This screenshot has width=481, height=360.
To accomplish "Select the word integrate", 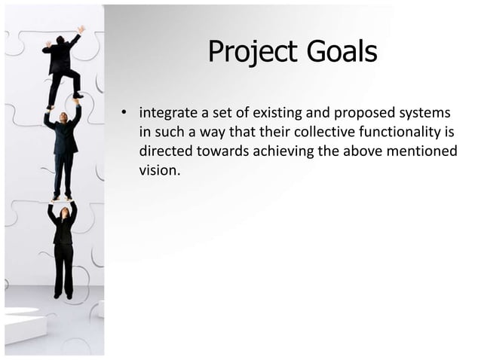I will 168,114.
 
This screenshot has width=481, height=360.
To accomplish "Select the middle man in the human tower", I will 63,151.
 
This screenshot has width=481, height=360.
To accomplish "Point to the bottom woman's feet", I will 63,296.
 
